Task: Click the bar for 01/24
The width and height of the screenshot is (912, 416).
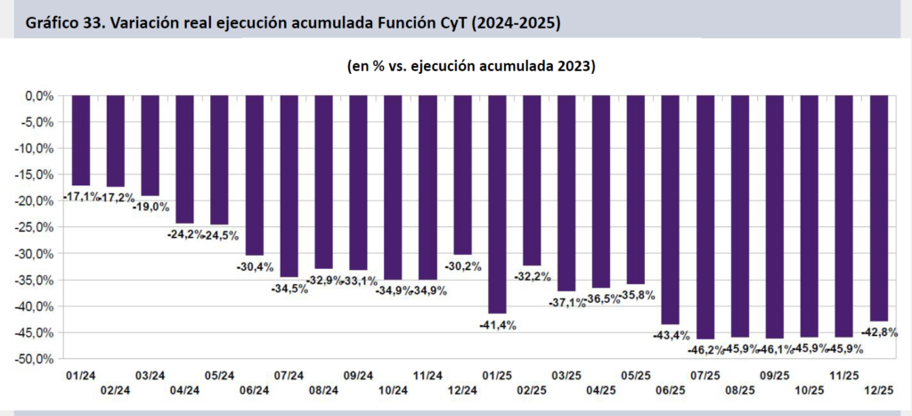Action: click(x=81, y=140)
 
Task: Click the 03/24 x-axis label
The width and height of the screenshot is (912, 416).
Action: click(x=151, y=376)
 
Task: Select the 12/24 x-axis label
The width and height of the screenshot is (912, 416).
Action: click(x=462, y=390)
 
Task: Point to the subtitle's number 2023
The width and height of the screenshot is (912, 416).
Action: click(x=574, y=67)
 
